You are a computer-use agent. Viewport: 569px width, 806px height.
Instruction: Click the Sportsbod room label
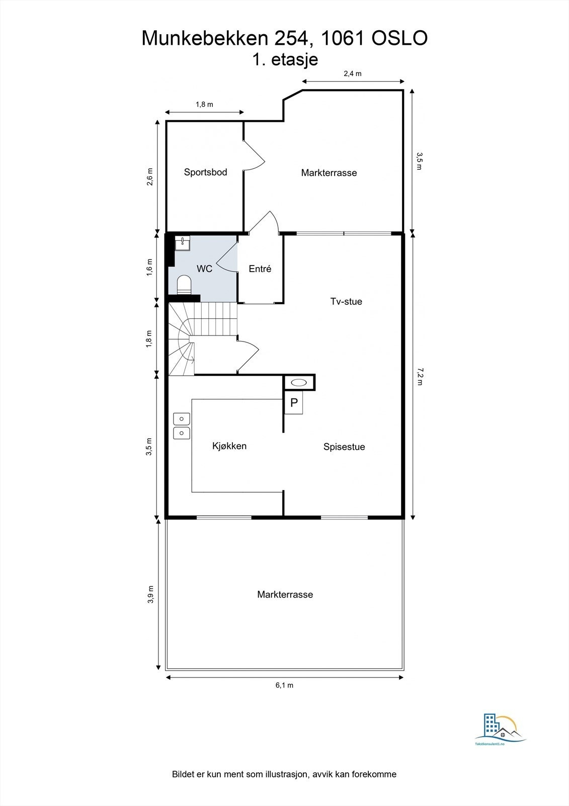pos(205,172)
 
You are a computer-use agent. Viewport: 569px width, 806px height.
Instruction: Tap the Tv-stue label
pos(346,301)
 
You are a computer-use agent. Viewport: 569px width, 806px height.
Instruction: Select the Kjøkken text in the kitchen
pos(229,446)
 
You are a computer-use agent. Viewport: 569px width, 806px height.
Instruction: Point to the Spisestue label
pos(344,447)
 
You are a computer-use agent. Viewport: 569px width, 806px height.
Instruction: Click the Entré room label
pos(260,269)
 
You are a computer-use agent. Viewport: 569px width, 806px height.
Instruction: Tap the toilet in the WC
pos(185,285)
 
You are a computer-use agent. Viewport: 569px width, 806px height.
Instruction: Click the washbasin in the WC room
pos(183,243)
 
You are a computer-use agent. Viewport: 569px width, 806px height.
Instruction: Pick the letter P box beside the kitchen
pos(294,402)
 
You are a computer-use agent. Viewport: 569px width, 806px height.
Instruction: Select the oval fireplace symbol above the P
pos(299,382)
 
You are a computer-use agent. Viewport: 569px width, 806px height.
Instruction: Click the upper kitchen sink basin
pos(182,419)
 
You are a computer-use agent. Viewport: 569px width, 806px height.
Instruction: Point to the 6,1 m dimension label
pos(284,686)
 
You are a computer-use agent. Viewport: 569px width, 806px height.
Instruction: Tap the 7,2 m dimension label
pos(420,376)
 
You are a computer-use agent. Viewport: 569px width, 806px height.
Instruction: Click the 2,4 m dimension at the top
pos(353,74)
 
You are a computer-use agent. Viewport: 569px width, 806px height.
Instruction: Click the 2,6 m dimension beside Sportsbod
pos(150,176)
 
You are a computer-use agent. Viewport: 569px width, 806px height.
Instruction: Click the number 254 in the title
pos(291,38)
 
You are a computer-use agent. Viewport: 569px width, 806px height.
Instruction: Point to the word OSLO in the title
pos(399,38)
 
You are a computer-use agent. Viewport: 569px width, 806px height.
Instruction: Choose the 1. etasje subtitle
pos(285,59)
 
